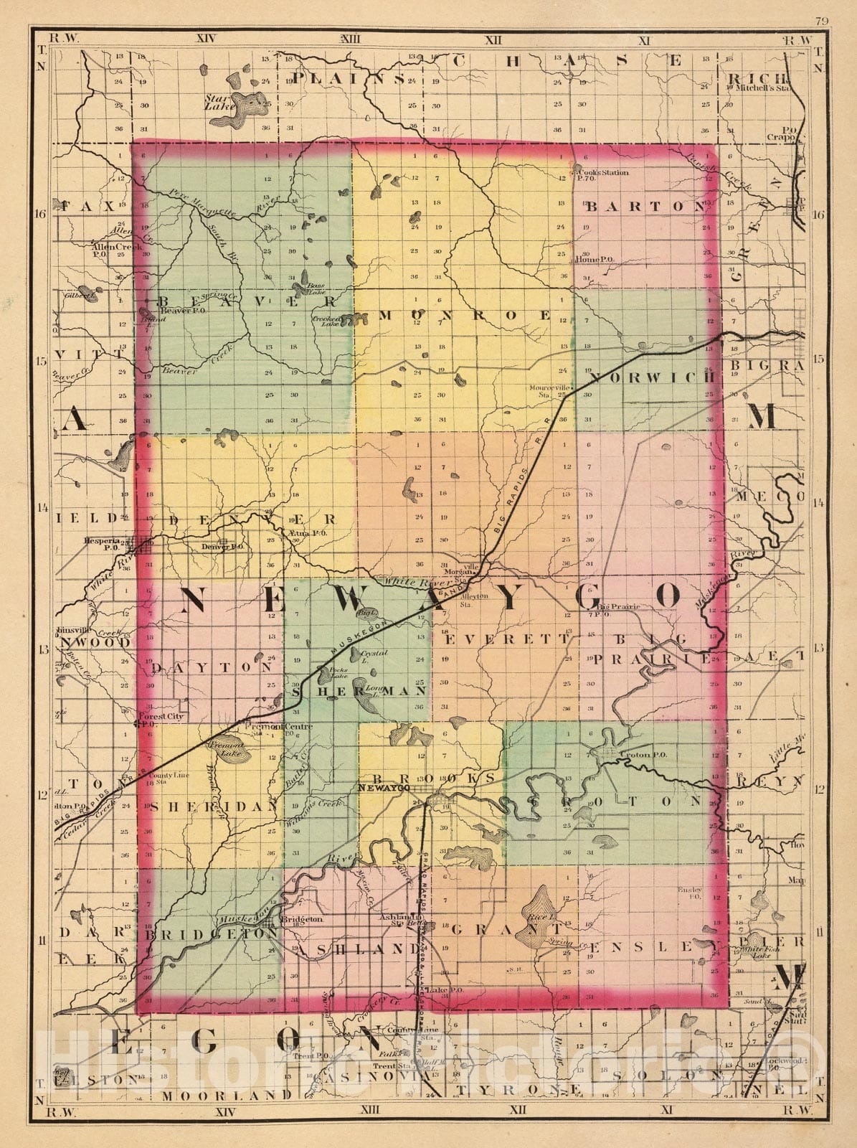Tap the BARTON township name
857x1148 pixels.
click(645, 207)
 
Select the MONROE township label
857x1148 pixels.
click(464, 315)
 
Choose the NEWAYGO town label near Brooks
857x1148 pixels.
click(382, 788)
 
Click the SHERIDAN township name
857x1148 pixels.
click(212, 806)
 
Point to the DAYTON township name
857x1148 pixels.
click(212, 667)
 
